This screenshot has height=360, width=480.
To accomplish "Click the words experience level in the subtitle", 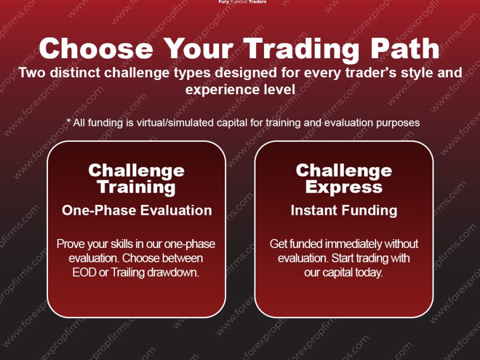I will pyautogui.click(x=240, y=90).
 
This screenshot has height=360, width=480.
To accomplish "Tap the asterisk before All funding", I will pyautogui.click(x=69, y=122).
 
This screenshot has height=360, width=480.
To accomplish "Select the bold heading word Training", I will pyautogui.click(x=136, y=187).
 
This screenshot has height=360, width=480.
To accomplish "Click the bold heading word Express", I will pyautogui.click(x=343, y=187).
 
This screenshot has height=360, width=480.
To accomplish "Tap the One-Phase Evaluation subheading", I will pyautogui.click(x=137, y=210).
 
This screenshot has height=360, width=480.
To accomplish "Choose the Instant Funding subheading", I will pyautogui.click(x=343, y=210).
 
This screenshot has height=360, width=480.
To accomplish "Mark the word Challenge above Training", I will pyautogui.click(x=136, y=171).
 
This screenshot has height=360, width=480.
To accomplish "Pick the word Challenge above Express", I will pyautogui.click(x=343, y=171).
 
